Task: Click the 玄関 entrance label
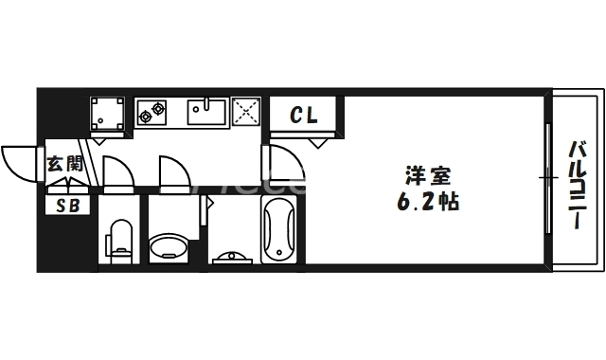pyautogui.click(x=66, y=164)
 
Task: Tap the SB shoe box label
pyautogui.click(x=67, y=205)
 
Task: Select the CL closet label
pyautogui.click(x=304, y=117)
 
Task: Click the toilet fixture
pyautogui.click(x=121, y=239)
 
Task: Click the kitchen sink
pyautogui.click(x=205, y=113)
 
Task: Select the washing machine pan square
pyautogui.click(x=107, y=115)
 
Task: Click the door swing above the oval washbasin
pyautogui.click(x=172, y=171)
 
